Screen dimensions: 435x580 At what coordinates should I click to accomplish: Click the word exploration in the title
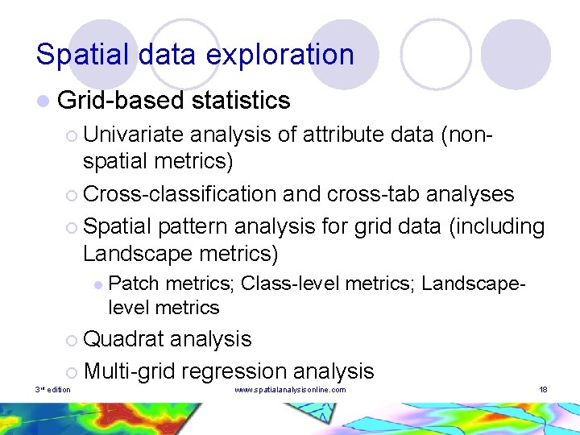[280, 55]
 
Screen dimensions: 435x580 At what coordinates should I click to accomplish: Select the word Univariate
[133, 135]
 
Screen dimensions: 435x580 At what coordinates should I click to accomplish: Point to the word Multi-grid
[129, 371]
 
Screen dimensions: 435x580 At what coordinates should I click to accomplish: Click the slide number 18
[543, 390]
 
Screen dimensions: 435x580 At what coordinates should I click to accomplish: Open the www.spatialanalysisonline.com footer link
[290, 390]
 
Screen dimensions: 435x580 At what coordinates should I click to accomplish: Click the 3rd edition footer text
[53, 390]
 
